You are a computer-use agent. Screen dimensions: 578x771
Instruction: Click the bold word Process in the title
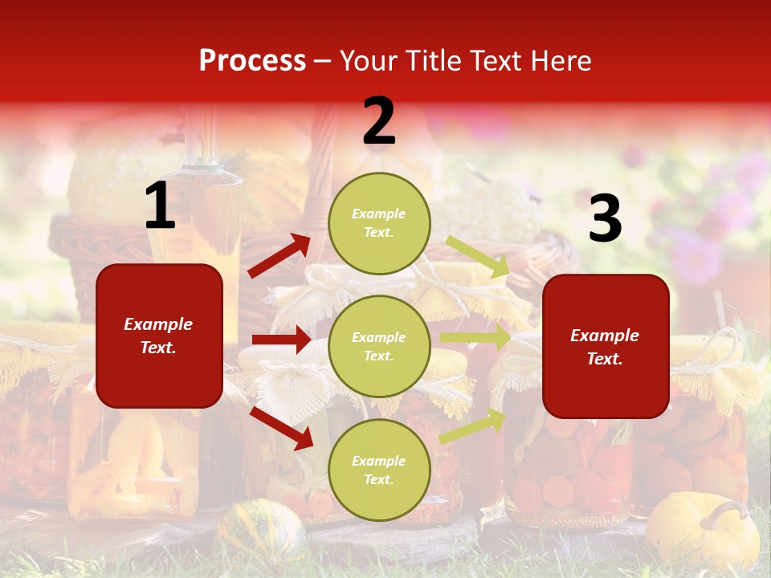click(x=252, y=61)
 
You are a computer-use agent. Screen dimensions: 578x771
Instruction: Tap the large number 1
click(x=160, y=206)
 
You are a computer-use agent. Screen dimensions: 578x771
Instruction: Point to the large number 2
click(x=379, y=121)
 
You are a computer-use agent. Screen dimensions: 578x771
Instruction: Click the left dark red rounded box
click(x=159, y=336)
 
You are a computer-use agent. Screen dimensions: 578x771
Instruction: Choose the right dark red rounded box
click(x=606, y=347)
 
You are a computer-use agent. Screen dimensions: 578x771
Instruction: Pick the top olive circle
click(x=379, y=223)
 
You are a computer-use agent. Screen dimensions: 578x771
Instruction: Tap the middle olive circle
click(x=379, y=346)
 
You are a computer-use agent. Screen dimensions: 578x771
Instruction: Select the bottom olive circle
click(x=379, y=470)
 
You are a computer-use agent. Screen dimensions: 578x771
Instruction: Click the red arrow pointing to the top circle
click(x=279, y=256)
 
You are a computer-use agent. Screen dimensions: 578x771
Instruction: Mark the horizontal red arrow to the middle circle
click(x=281, y=340)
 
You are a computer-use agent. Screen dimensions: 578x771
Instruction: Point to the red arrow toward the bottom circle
click(x=281, y=428)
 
